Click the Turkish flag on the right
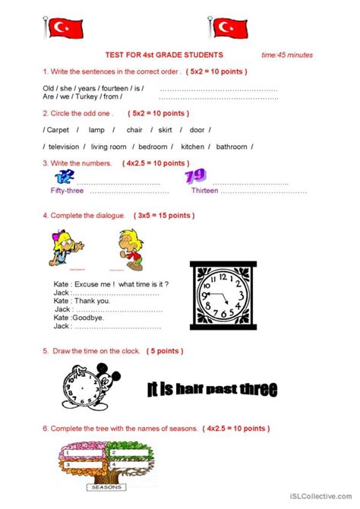(226, 28)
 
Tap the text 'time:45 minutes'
(286, 55)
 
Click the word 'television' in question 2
(63, 147)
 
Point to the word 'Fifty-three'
(67, 191)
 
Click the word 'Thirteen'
(204, 191)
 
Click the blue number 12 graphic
(66, 177)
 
